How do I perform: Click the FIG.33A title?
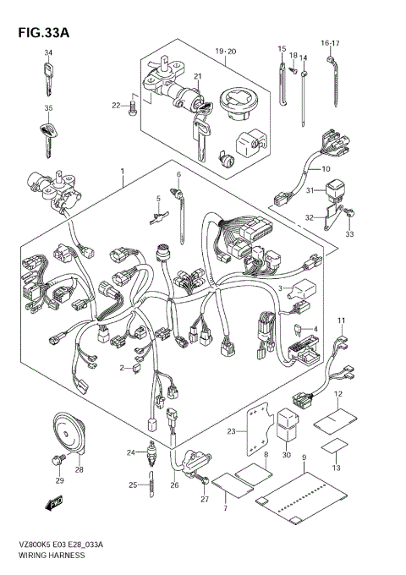point(44,33)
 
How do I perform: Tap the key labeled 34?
point(48,79)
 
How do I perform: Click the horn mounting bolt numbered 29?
point(58,459)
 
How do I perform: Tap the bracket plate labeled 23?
point(259,432)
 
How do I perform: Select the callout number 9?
point(304,457)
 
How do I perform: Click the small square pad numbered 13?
point(334,446)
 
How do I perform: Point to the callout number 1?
point(123,172)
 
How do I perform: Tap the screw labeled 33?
point(349,213)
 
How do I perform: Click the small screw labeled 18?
point(293,70)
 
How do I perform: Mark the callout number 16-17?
point(330,44)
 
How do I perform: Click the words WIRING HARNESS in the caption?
point(51,556)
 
